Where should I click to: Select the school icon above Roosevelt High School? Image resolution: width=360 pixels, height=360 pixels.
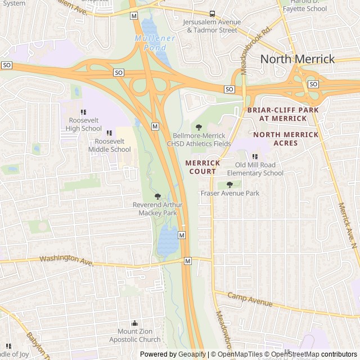tap(83, 112)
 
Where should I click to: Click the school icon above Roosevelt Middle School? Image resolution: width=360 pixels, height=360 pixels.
tap(109, 133)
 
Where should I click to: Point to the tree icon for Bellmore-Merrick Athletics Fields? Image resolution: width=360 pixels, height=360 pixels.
tap(198, 128)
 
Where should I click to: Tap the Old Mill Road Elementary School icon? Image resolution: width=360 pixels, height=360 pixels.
tap(255, 157)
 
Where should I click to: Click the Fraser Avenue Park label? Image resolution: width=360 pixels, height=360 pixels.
tap(230, 193)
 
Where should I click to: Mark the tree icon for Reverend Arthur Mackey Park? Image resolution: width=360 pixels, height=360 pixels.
tap(157, 196)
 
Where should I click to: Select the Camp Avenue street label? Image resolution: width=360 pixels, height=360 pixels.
tap(250, 300)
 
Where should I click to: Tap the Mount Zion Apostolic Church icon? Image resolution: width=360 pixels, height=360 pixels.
tap(134, 323)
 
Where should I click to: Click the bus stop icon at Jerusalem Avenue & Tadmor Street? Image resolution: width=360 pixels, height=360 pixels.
tap(212, 13)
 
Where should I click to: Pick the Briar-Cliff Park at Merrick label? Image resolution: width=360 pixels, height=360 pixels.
tap(283, 114)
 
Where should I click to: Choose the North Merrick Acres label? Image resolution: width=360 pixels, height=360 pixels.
tap(286, 138)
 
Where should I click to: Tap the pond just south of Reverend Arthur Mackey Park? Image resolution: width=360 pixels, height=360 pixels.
tap(168, 241)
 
